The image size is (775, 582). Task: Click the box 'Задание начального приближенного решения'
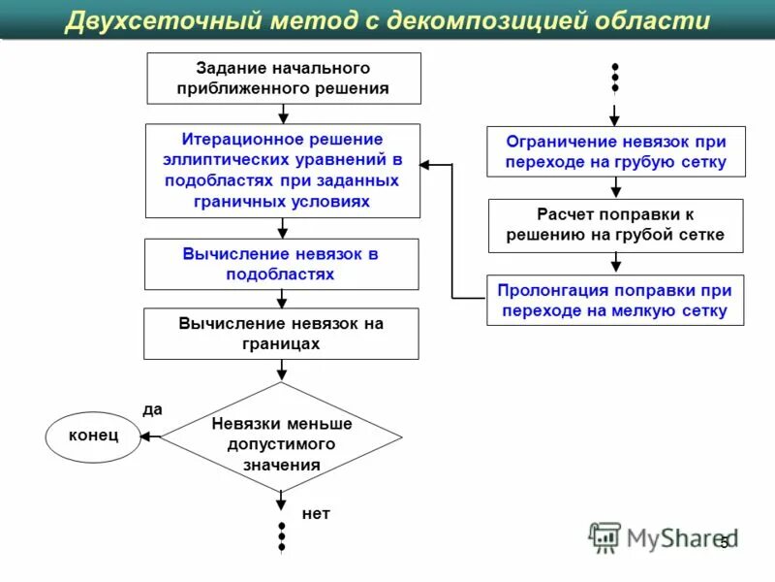(x=284, y=79)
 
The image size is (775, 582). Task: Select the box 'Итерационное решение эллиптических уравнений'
(x=283, y=171)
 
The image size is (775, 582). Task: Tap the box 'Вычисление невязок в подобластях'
(x=281, y=264)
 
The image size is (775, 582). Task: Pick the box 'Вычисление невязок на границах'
(x=281, y=334)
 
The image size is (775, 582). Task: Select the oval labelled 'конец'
(x=93, y=436)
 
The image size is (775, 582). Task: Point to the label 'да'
(x=152, y=409)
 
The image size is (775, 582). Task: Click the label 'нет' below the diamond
(x=316, y=513)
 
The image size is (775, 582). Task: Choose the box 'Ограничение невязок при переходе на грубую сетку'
(x=616, y=152)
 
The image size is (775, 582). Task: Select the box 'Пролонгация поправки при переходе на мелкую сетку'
(x=615, y=301)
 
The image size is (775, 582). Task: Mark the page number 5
(x=724, y=543)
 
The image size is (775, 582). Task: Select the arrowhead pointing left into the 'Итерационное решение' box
(x=426, y=165)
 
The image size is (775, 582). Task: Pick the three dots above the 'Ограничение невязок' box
(x=615, y=78)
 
